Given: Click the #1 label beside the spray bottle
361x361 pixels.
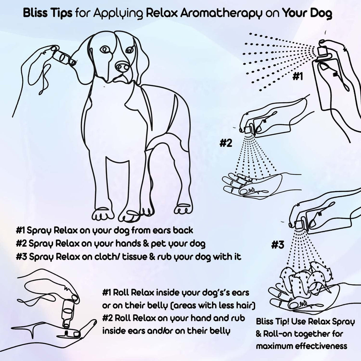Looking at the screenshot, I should [x=297, y=77].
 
